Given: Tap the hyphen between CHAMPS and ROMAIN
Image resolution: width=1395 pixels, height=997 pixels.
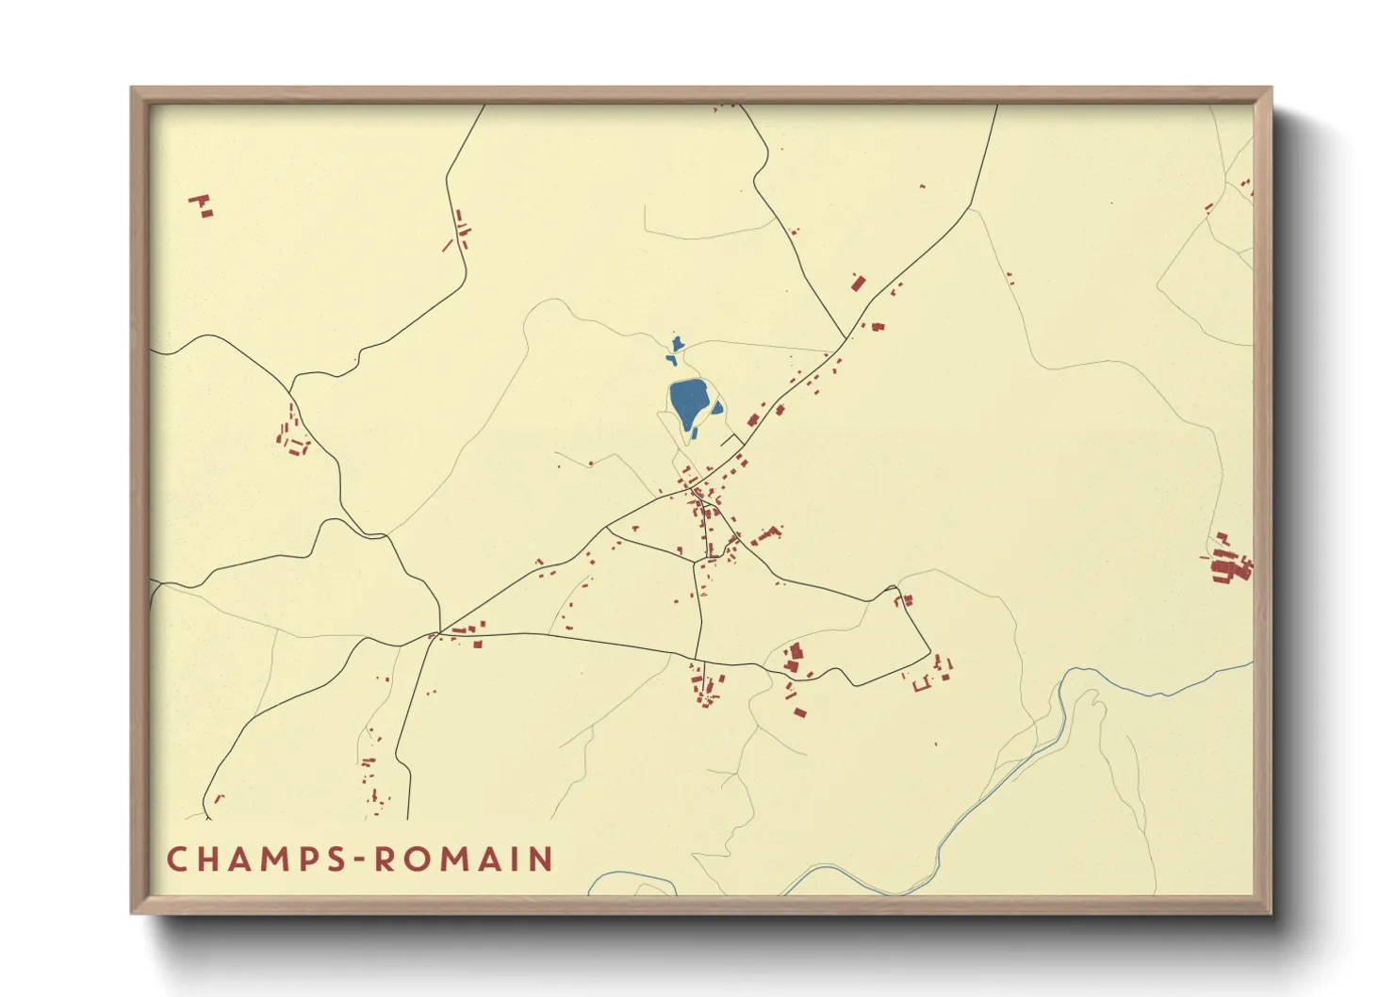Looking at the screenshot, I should point(360,860).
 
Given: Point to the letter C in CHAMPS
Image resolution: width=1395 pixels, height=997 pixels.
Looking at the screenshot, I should point(176,859).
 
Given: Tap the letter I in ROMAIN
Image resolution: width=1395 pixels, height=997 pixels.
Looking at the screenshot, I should point(515,859).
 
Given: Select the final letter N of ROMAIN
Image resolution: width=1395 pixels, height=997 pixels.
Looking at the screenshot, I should point(541,859).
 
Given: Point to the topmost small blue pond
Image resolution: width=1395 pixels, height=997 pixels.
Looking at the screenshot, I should point(677,344).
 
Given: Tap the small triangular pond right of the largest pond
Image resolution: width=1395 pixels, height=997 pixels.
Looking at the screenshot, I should point(717,409).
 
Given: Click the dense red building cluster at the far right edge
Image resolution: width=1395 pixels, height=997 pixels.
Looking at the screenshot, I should point(1229,564).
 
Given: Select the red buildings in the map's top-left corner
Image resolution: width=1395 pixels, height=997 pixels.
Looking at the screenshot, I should point(202,204).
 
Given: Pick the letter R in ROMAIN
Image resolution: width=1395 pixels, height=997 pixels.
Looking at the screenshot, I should point(385,859).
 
